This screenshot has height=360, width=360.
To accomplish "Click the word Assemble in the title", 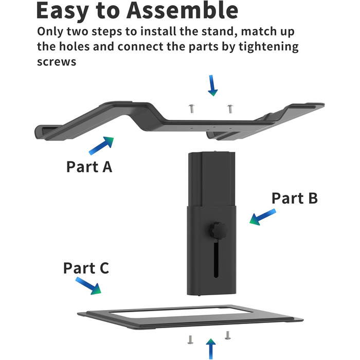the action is click(x=182, y=11).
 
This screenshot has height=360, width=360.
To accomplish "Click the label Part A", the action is click(x=89, y=167).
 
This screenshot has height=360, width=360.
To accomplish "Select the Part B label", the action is click(x=295, y=198).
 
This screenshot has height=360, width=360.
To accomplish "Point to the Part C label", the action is click(x=86, y=268).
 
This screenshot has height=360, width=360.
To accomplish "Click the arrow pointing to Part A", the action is click(x=101, y=146).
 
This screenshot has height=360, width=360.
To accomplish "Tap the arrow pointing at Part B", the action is click(x=263, y=217).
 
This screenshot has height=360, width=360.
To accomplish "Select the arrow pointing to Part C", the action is click(x=88, y=286).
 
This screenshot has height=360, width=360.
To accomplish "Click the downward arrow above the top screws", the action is click(x=212, y=85).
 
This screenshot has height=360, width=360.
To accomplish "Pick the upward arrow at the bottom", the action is click(x=211, y=349).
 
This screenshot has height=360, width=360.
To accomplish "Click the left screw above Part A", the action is click(x=191, y=109).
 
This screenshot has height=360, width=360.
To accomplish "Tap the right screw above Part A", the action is click(x=230, y=109).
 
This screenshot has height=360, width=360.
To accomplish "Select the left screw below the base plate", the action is click(x=190, y=340).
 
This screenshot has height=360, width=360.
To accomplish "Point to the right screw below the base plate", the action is click(x=227, y=335).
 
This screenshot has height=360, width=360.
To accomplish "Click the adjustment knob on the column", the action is click(x=218, y=230).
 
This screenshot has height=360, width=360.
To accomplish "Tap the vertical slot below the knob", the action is click(x=216, y=259).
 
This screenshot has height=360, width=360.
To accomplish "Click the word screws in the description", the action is click(x=57, y=62).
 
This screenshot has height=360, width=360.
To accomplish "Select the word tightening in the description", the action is click(x=268, y=47).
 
